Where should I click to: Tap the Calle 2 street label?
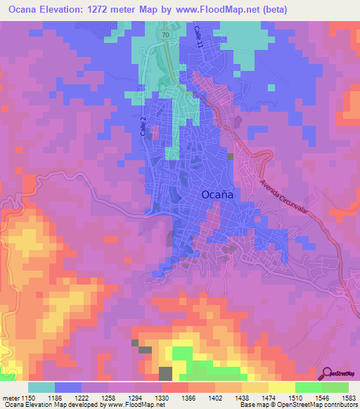pos(143,126)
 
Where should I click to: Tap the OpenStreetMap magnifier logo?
pos(328,374)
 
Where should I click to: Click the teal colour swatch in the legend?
pos(41,387)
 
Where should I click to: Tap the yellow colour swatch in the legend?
pos(282,387)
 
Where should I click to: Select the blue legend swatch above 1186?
pos(68,387)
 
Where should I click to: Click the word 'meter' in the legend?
pos(10,398)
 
